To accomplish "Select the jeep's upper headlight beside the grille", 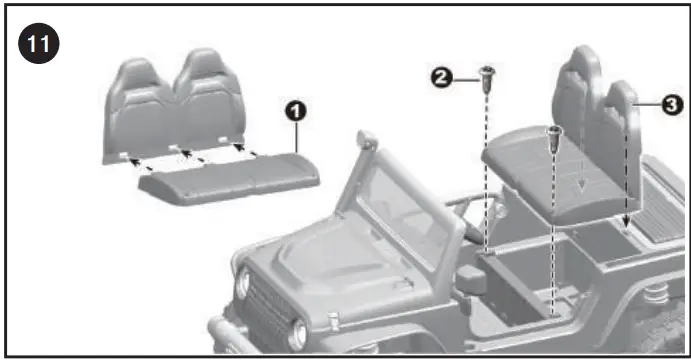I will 242,285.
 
